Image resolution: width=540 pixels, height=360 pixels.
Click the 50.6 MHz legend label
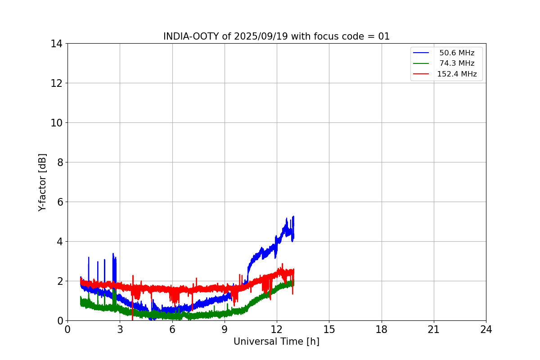[457, 53]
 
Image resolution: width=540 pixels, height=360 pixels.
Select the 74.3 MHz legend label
[457, 63]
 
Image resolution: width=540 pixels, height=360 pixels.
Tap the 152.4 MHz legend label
[457, 74]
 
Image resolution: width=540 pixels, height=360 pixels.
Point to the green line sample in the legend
[421, 63]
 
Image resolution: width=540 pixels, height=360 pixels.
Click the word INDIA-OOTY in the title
[191, 36]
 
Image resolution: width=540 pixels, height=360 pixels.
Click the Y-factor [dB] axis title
[42, 182]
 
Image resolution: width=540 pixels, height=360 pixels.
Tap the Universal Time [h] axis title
[276, 342]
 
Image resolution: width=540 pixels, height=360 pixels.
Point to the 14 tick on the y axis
[57, 44]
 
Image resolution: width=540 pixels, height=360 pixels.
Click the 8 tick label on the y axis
[59, 162]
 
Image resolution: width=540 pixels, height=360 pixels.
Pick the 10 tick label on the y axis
[57, 122]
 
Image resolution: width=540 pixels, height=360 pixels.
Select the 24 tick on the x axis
[486, 329]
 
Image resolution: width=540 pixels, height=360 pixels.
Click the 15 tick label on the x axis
[329, 329]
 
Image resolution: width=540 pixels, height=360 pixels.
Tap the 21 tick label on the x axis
[434, 329]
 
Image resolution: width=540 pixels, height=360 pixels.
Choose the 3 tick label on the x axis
[120, 329]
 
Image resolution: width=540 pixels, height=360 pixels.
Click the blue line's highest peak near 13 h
[293, 216]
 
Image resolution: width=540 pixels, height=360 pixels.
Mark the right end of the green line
[293, 283]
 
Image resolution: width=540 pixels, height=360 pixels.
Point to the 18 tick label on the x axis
[382, 329]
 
